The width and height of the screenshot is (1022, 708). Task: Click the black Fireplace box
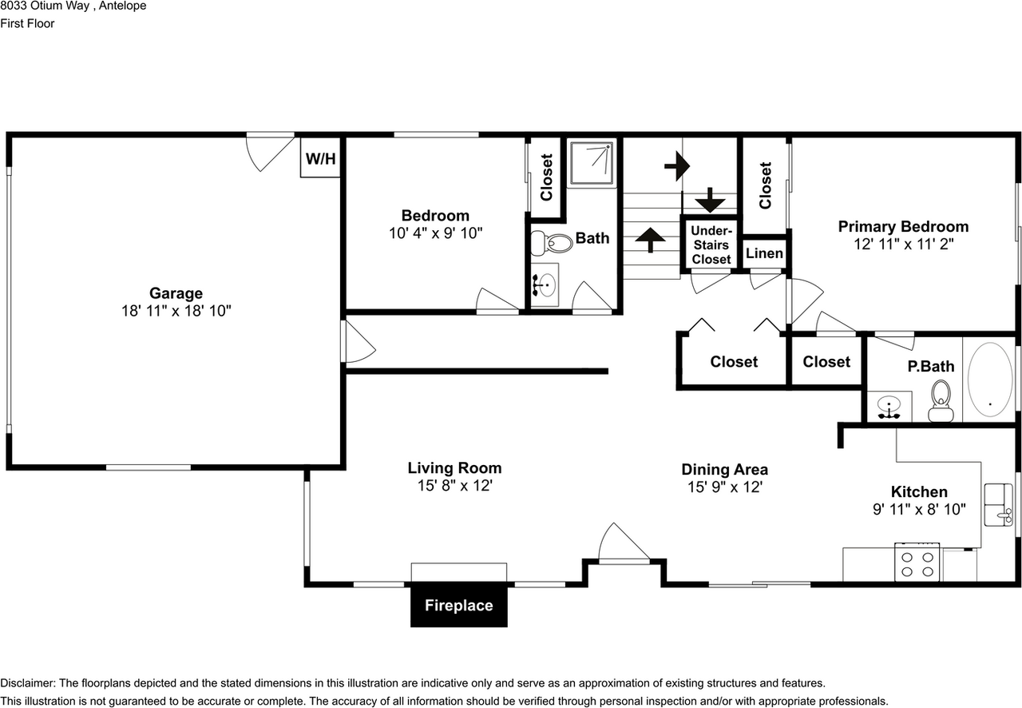458,606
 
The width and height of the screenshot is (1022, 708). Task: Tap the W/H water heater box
320,159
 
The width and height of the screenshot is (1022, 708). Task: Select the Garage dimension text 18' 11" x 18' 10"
176,311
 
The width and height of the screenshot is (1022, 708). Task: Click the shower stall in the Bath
592,164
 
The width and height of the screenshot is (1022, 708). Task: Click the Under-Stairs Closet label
711,245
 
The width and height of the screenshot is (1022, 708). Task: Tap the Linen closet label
764,254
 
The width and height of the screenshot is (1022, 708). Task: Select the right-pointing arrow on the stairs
677,166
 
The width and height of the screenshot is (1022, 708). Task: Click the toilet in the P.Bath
941,399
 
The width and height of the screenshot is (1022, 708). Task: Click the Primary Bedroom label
903,227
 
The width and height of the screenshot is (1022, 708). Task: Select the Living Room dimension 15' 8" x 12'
454,486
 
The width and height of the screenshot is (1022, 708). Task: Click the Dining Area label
724,470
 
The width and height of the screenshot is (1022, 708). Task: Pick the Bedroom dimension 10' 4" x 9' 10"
435,233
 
